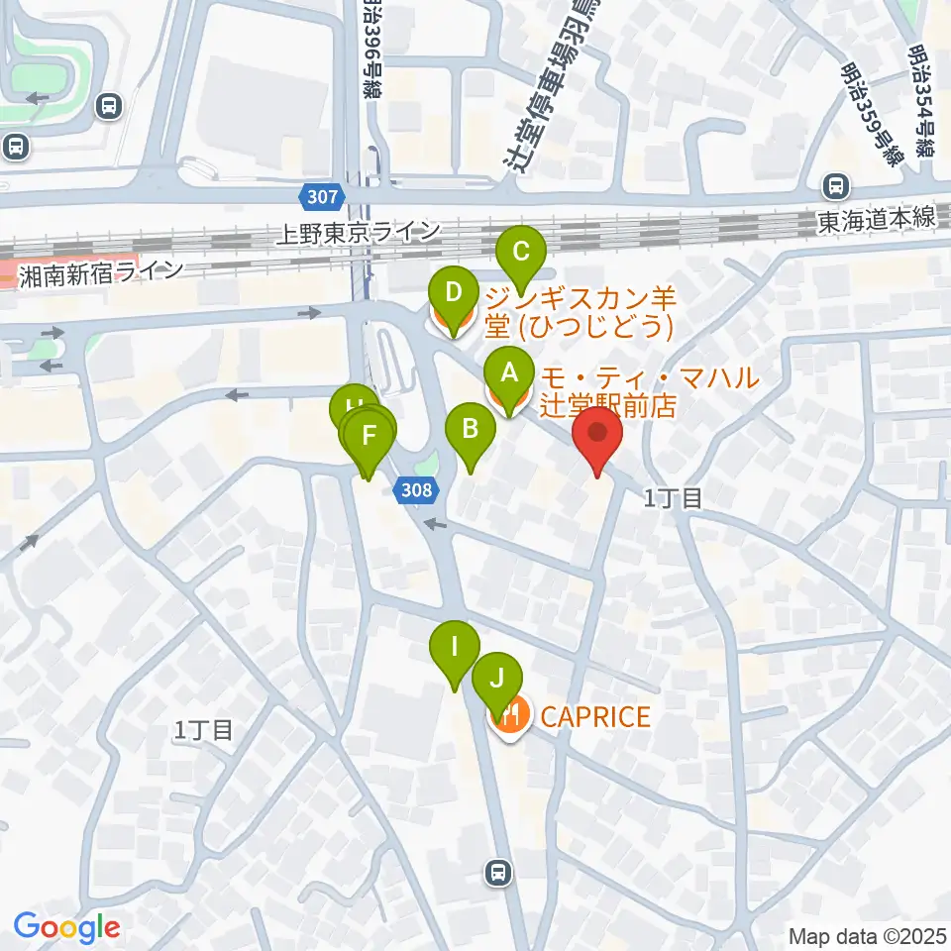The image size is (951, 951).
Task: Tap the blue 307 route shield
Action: [x=323, y=197]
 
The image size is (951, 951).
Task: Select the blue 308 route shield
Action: [x=417, y=488]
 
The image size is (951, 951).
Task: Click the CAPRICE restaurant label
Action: [x=596, y=716]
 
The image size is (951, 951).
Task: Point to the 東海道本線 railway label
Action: [x=877, y=220]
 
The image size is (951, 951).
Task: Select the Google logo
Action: [x=66, y=927]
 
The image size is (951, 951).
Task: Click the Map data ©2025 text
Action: [x=868, y=934]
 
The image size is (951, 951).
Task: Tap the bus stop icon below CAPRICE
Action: [x=497, y=873]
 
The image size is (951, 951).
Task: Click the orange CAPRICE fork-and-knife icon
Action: [x=511, y=716]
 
